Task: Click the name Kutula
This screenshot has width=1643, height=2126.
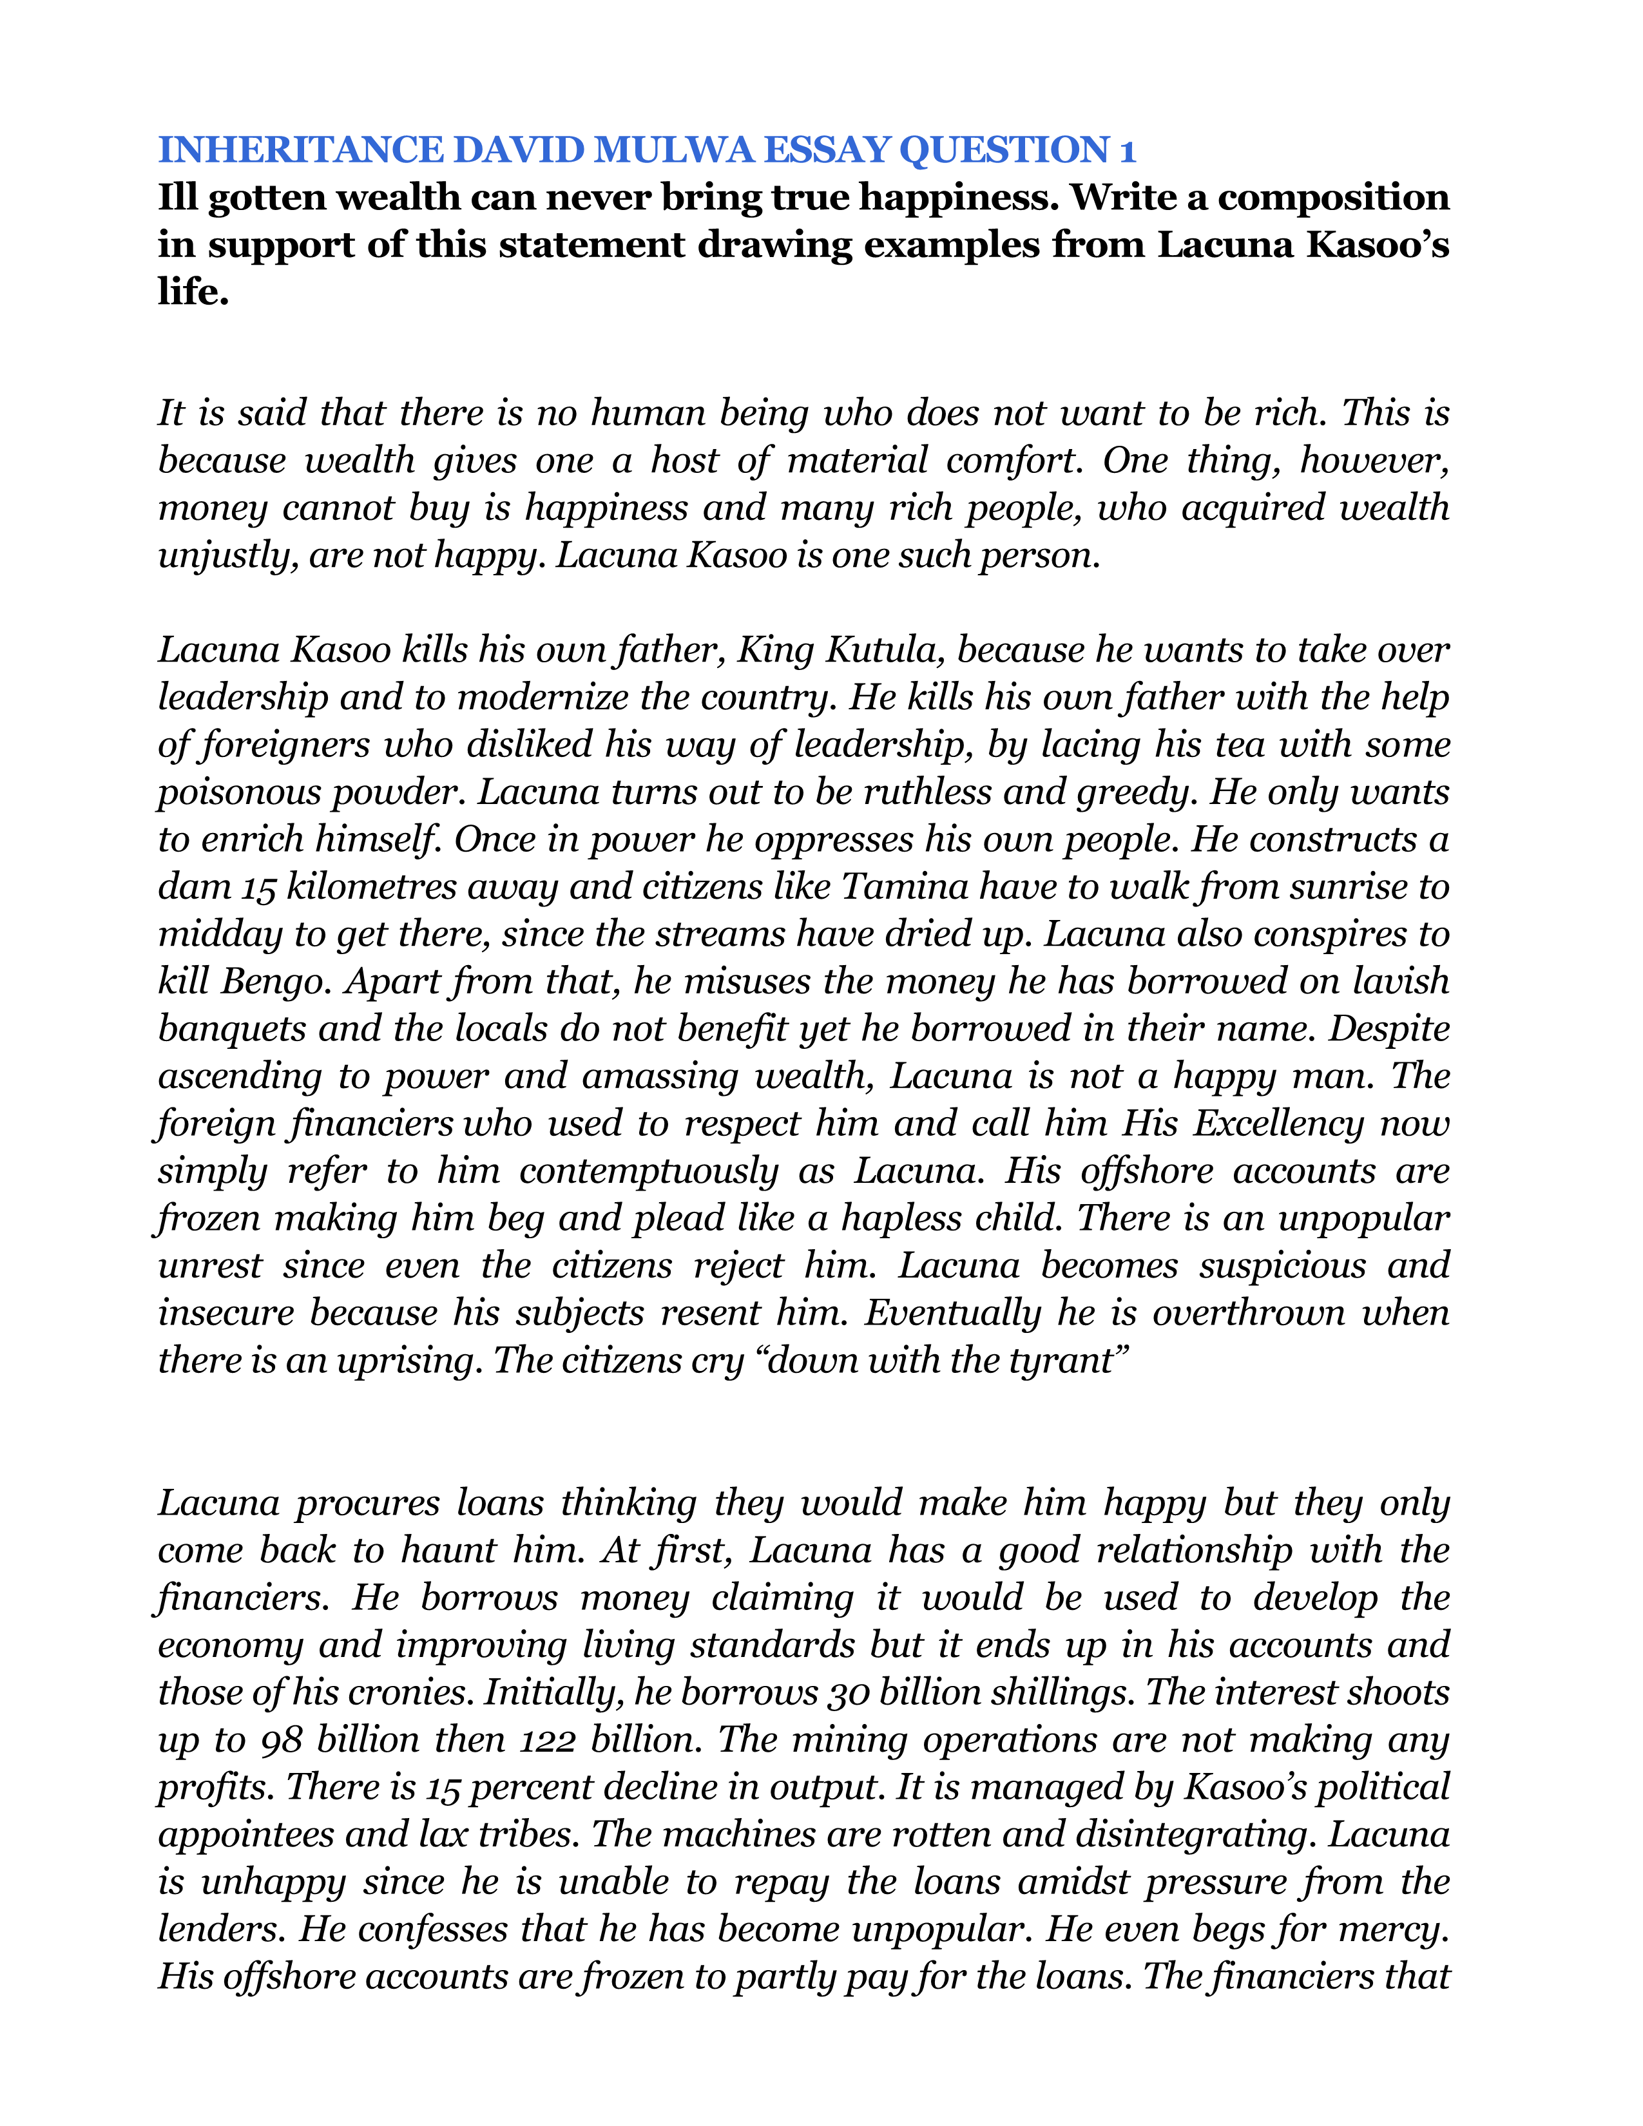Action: pos(883,650)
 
